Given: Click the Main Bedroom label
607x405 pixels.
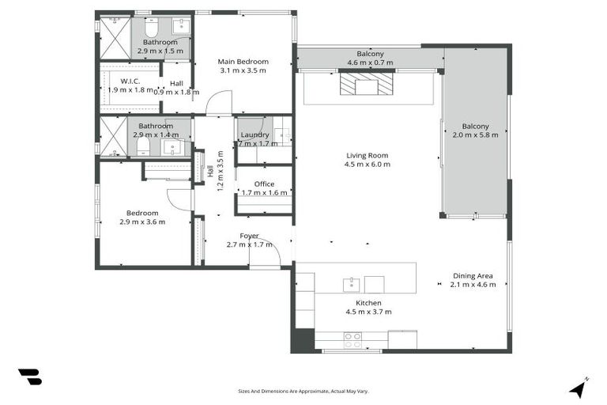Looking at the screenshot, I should pos(243,62).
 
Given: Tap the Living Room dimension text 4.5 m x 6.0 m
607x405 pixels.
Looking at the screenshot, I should pos(368,165).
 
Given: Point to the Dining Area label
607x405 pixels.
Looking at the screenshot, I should pos(473,275).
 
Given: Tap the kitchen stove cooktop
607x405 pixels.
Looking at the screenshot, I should pos(353,340).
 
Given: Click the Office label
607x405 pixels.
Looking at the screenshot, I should pos(264,184).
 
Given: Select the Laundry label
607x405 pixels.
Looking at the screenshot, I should pos(254,135).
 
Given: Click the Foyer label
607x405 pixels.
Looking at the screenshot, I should pos(250,236).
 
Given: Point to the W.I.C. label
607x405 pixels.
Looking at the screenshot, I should pos(131,81).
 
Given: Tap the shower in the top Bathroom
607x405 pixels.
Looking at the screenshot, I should pos(114,36).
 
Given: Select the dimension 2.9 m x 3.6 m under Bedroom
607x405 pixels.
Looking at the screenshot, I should pos(143,221).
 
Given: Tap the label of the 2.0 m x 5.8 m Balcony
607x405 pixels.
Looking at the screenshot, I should pos(476,127).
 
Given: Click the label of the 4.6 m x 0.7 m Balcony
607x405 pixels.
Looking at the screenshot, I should pos(370,53).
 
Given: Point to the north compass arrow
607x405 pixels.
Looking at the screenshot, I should pos(579,388).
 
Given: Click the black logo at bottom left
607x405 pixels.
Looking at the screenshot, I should pos(29,377).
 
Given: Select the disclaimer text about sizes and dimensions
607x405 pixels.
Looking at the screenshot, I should pos(303,391).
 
